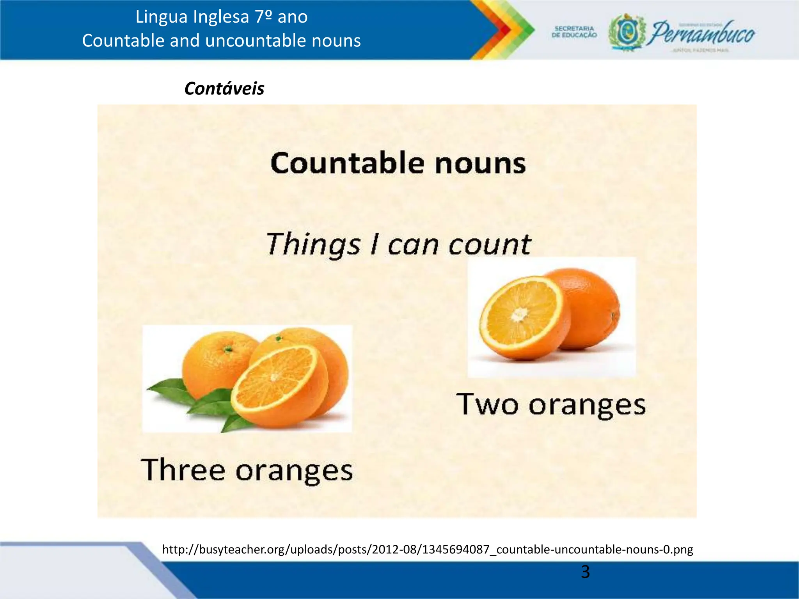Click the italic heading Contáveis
(x=224, y=89)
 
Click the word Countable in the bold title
(x=347, y=163)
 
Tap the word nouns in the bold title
(x=480, y=163)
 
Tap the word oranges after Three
(x=294, y=471)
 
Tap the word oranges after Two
(x=587, y=406)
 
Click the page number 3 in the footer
(x=585, y=572)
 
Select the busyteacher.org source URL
(x=428, y=549)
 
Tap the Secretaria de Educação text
(x=574, y=32)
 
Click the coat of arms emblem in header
(x=627, y=33)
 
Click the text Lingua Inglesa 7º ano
(x=222, y=17)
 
